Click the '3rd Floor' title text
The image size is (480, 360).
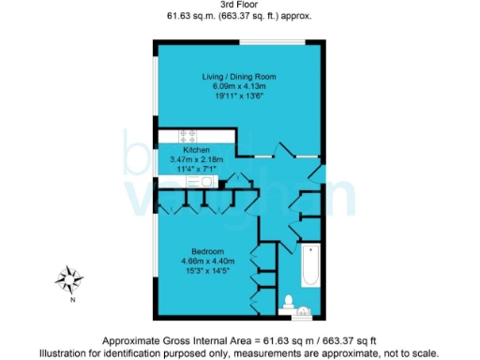pos(240,5)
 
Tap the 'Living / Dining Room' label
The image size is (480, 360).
pos(239,76)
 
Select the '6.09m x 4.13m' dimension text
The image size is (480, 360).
pos(239,86)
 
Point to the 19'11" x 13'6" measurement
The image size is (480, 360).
pos(239,96)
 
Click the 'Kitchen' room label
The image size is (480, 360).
pos(196,150)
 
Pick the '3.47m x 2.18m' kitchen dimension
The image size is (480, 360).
pos(196,159)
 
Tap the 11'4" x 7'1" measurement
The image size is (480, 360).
pos(196,169)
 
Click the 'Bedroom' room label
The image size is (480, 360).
pos(206,251)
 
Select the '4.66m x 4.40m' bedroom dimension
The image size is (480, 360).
pos(206,261)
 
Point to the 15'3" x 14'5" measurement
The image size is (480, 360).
pos(206,271)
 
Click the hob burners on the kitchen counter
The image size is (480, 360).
pos(177,135)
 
